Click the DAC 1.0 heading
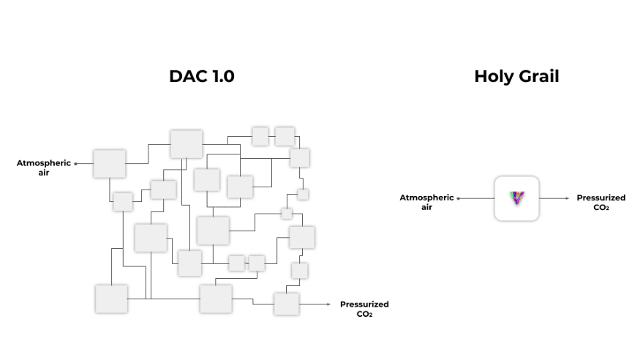click(202, 76)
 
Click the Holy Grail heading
click(516, 76)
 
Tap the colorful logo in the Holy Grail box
click(516, 198)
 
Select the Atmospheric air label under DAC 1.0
click(44, 168)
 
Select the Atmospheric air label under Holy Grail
click(426, 202)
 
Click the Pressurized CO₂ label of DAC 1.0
click(364, 309)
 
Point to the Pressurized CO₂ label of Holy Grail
click(601, 202)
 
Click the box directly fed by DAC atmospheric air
click(110, 163)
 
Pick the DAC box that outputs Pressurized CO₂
click(287, 304)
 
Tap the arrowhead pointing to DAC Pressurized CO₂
click(328, 304)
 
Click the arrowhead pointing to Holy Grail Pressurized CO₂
click(567, 198)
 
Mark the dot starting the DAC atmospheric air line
click(75, 164)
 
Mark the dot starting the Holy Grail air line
click(459, 198)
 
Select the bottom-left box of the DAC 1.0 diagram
click(111, 299)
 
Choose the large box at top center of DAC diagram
click(186, 144)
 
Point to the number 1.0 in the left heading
click(223, 76)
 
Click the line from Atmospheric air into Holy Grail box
click(476, 198)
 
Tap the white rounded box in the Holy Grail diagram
click(516, 198)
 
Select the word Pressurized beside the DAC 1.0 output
click(364, 304)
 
